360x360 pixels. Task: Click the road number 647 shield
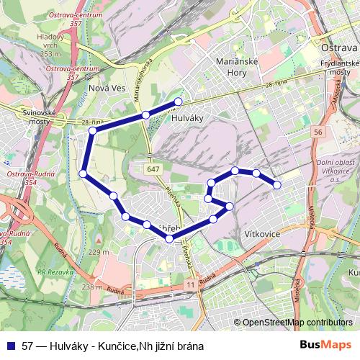tap(153, 168)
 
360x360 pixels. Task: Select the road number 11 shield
tap(190, 285)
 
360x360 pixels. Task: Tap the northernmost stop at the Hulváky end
tap(179, 102)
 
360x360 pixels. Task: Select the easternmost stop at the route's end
tap(277, 185)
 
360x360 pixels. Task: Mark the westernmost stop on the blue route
tap(84, 174)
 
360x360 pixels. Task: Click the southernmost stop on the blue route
tap(169, 239)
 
